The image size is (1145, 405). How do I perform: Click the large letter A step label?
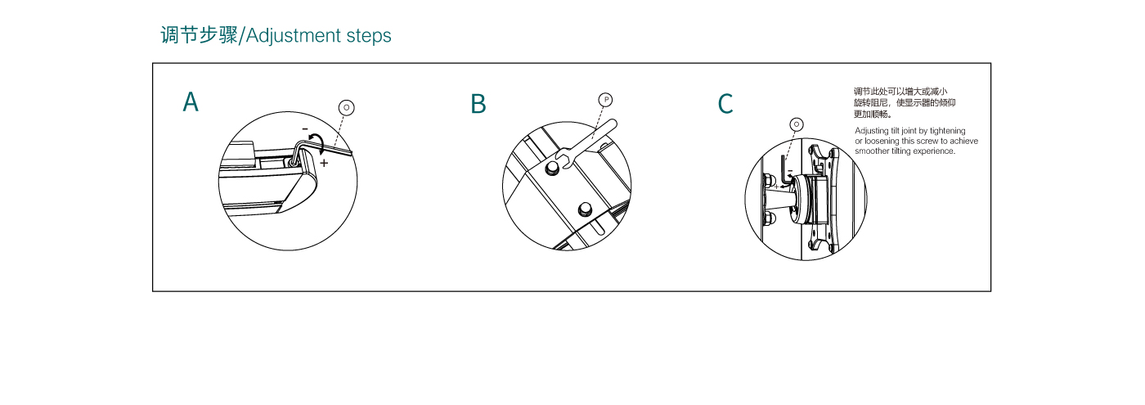(191, 101)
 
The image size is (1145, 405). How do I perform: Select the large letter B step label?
(478, 104)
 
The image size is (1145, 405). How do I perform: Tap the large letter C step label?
(725, 104)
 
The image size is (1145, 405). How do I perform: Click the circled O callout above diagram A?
(347, 107)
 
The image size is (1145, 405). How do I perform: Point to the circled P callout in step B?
(606, 100)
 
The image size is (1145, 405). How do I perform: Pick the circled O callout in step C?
(797, 124)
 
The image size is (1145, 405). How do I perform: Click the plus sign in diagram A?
(324, 163)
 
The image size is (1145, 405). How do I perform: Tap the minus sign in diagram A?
(305, 129)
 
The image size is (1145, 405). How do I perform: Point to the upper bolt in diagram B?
(551, 168)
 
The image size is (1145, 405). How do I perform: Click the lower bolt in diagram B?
(585, 209)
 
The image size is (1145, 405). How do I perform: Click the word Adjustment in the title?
(294, 36)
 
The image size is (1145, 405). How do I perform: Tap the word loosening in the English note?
(882, 141)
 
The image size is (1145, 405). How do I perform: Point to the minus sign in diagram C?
(790, 170)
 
